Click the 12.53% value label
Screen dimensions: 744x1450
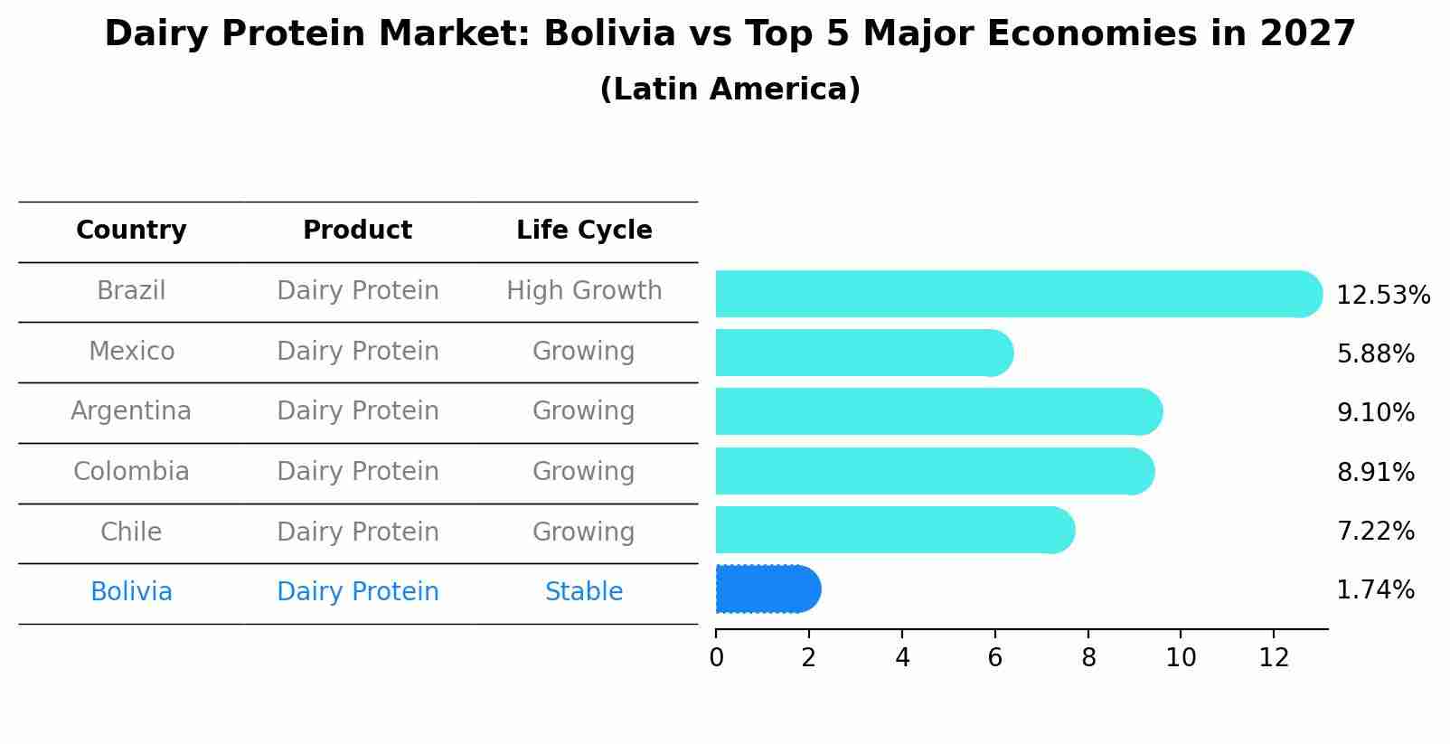click(x=1382, y=296)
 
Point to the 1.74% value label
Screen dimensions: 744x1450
click(x=1375, y=590)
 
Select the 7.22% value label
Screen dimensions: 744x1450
click(x=1375, y=532)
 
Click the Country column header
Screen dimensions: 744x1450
click(x=131, y=231)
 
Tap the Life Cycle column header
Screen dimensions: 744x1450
click(x=584, y=231)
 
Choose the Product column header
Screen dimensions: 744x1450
click(x=357, y=231)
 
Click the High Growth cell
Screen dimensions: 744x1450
click(x=584, y=291)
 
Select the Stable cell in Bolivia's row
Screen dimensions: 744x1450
click(x=584, y=592)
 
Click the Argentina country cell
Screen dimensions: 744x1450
click(x=131, y=411)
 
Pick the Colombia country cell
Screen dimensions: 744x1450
click(x=131, y=472)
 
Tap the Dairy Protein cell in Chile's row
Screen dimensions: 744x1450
click(x=357, y=532)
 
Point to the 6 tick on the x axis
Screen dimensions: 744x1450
click(x=994, y=657)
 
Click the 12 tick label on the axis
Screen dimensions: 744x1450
click(x=1274, y=657)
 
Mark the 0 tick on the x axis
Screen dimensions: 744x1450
click(x=716, y=657)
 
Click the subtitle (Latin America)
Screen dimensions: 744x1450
click(x=730, y=89)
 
